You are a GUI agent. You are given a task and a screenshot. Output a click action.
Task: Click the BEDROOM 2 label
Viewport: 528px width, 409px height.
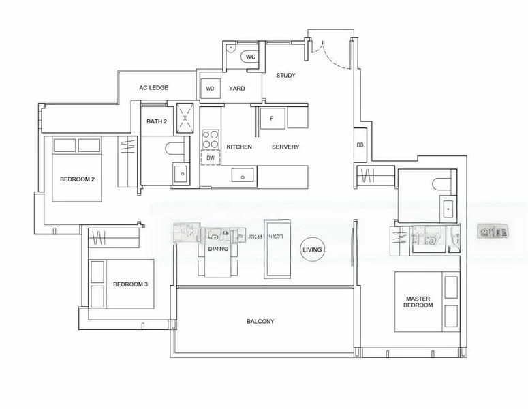(77, 179)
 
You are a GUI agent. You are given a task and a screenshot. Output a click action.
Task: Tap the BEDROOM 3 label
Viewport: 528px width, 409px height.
(131, 284)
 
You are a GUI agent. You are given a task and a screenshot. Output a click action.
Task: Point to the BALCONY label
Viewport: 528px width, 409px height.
(260, 321)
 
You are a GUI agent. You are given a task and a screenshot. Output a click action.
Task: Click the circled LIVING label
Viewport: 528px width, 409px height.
(312, 250)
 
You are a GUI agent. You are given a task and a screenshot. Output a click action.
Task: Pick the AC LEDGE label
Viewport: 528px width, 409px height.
(153, 88)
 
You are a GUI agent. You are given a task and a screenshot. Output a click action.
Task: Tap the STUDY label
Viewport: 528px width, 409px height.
(285, 76)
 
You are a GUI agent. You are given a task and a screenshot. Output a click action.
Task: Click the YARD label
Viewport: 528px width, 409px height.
(236, 89)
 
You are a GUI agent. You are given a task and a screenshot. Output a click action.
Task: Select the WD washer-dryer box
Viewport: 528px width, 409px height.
(210, 89)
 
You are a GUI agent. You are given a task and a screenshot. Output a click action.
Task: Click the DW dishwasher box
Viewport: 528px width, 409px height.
(211, 157)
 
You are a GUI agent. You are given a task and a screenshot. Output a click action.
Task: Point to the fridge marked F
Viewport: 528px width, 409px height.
(272, 119)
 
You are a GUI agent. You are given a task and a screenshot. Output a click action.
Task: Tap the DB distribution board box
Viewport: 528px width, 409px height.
(360, 145)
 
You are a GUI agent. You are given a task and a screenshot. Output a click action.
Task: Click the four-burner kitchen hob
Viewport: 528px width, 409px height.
(211, 139)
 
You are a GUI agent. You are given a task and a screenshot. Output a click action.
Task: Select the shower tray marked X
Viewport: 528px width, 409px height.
(185, 117)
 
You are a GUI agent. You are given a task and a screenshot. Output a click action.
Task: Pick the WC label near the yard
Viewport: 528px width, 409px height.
(250, 57)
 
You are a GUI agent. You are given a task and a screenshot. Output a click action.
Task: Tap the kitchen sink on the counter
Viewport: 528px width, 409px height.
(243, 175)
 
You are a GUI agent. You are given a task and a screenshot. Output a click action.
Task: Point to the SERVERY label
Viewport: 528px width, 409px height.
(285, 147)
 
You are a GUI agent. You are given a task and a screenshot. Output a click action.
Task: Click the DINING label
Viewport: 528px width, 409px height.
(218, 249)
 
